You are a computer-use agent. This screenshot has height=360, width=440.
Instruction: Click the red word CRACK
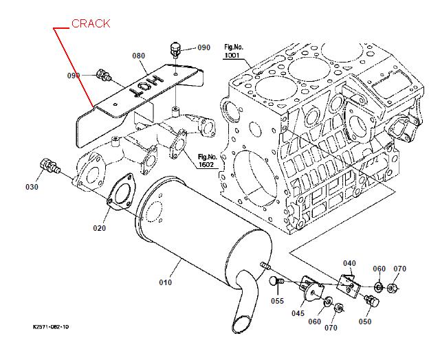[91, 23]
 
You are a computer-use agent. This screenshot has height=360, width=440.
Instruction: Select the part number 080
[138, 56]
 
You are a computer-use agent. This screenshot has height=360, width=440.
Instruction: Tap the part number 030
[32, 187]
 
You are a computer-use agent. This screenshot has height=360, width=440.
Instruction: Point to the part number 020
[100, 228]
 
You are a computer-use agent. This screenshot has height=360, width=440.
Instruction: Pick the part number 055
[277, 300]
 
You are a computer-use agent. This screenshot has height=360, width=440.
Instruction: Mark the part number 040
[350, 263]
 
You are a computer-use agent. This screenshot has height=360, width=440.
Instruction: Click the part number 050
[364, 322]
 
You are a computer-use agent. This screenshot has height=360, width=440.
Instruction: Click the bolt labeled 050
[372, 301]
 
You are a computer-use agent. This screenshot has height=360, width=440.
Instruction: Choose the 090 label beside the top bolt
[204, 48]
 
